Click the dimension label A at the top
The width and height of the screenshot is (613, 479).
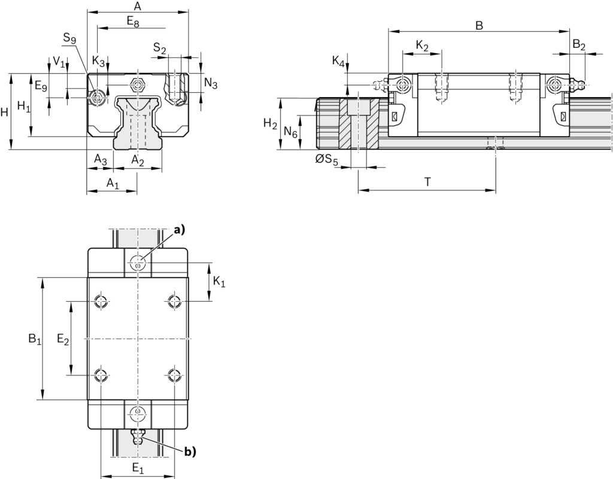137,7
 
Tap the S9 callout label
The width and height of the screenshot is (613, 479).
69,39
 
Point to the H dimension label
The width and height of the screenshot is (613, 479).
5,112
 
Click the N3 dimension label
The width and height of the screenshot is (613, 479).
211,83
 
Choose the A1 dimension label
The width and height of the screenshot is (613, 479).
113,183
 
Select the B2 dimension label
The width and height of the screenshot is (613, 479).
579,45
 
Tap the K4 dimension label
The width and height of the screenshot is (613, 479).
338,62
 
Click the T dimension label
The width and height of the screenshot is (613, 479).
427,183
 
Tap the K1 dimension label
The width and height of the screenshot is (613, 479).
219,281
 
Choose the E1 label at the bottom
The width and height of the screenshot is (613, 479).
138,466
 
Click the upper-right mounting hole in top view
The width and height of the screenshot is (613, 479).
174,301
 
